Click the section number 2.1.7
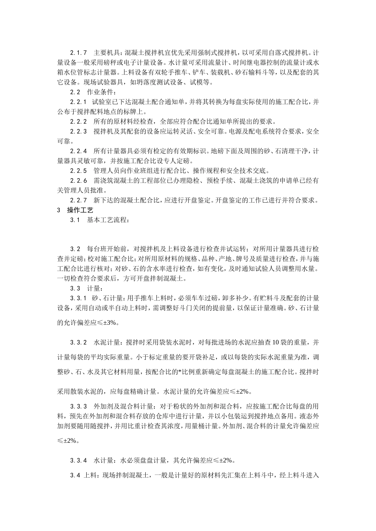78,53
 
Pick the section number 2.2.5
78,171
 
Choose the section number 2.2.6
78,181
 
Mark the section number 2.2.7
78,200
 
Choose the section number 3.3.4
78,460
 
